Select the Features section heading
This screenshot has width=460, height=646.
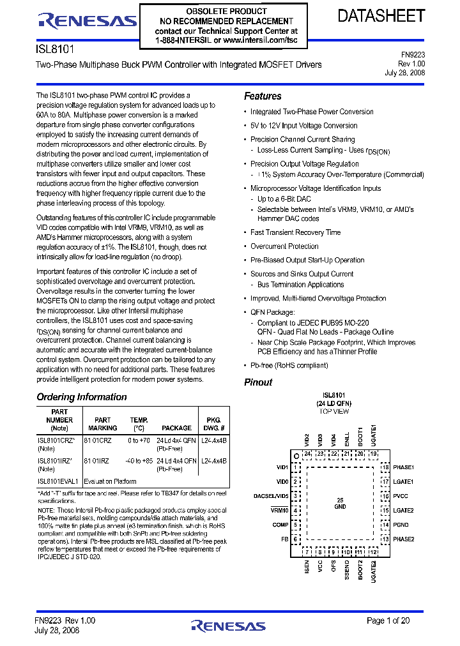click(x=263, y=96)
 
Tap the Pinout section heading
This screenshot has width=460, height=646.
click(x=258, y=382)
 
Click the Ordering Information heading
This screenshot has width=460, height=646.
click(x=82, y=397)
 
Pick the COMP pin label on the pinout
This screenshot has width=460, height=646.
click(x=281, y=525)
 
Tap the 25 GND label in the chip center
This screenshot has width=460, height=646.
click(x=340, y=502)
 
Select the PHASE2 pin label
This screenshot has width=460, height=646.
click(x=404, y=539)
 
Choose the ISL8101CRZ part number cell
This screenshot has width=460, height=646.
click(x=56, y=440)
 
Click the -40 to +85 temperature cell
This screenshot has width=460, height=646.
click(x=139, y=460)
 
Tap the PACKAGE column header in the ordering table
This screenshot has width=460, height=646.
click(x=176, y=428)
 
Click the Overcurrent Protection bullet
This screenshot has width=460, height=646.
click(x=284, y=246)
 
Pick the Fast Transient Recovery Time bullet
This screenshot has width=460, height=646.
click(x=295, y=232)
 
